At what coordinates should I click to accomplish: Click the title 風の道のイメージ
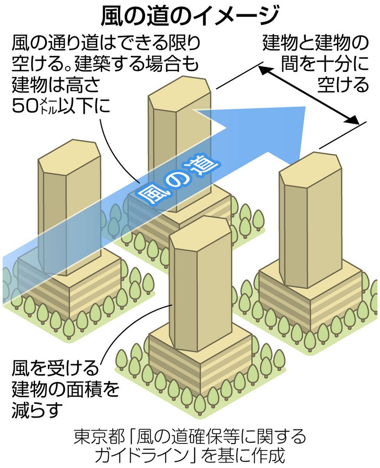pos(190,16)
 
